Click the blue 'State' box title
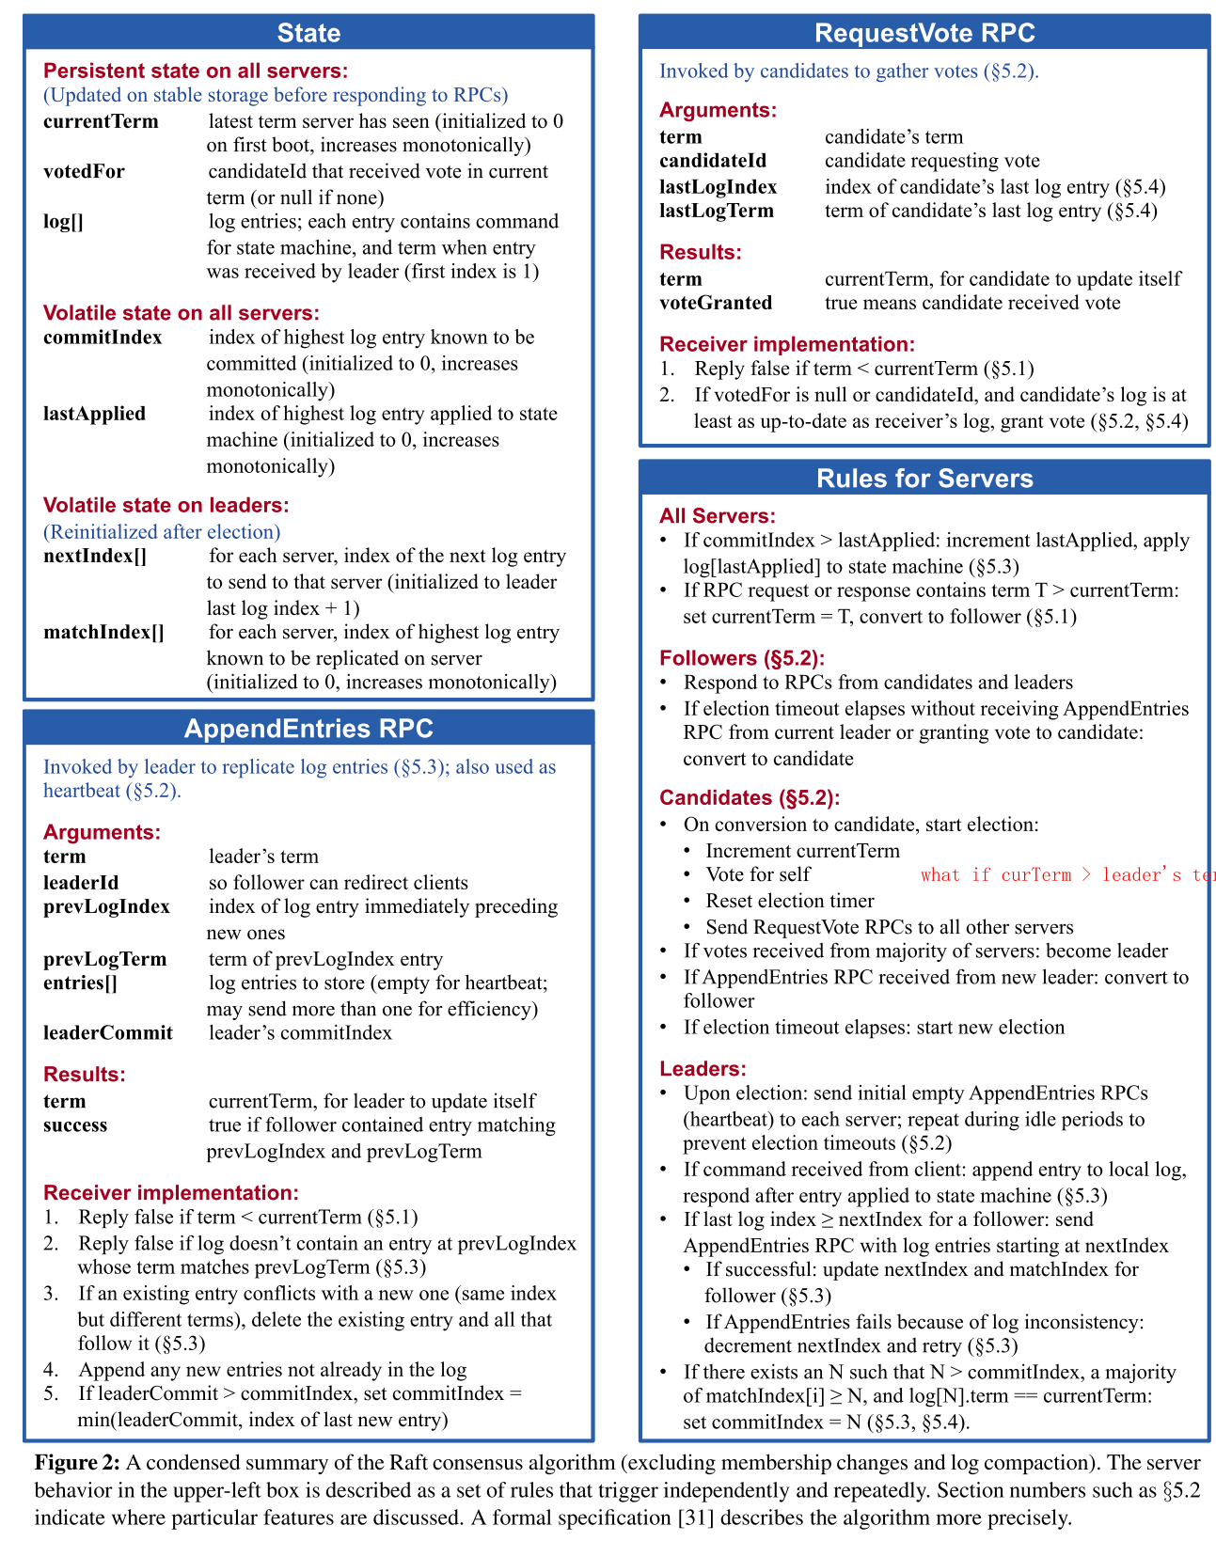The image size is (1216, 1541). click(308, 33)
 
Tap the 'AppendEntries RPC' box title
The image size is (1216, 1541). click(308, 729)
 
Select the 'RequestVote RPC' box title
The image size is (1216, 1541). click(924, 33)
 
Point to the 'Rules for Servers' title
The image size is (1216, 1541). click(924, 479)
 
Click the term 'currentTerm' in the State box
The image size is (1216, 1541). click(101, 121)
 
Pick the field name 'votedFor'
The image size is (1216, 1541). click(84, 171)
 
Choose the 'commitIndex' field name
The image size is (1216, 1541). click(103, 338)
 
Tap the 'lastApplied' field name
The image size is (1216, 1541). click(94, 414)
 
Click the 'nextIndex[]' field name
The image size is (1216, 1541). click(95, 556)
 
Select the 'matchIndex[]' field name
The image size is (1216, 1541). click(103, 632)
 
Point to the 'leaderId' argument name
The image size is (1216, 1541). click(81, 883)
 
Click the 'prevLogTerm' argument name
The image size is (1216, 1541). click(104, 959)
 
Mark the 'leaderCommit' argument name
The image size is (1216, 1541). click(108, 1033)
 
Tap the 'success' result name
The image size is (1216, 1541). click(75, 1125)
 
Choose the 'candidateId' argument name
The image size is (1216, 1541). click(713, 161)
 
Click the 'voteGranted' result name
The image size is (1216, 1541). click(716, 303)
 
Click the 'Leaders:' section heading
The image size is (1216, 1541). click(703, 1069)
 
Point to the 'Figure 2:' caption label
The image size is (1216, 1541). click(77, 1463)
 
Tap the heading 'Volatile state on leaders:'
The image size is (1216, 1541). click(166, 505)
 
